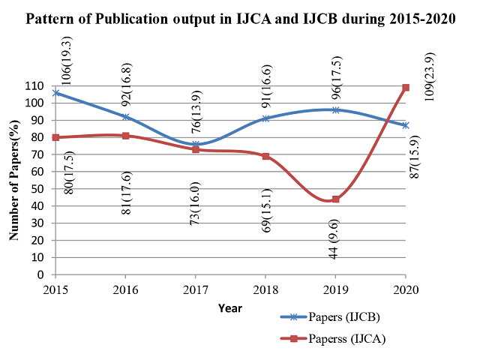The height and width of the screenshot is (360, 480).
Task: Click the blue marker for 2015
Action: tap(55, 93)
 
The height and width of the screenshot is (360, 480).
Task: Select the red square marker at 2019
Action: tap(336, 199)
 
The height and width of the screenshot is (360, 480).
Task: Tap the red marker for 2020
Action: tap(406, 88)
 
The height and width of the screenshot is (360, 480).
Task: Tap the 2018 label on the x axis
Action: tap(265, 289)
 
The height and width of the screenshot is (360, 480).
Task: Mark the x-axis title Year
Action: tap(230, 307)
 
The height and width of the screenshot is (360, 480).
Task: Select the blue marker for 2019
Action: tap(336, 109)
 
